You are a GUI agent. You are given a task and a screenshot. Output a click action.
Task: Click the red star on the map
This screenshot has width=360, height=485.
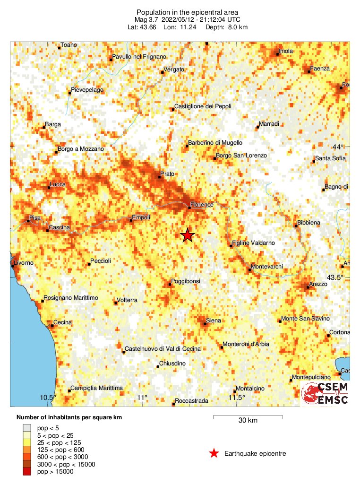point(188,235)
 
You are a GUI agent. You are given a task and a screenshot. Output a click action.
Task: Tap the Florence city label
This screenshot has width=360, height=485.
point(203,205)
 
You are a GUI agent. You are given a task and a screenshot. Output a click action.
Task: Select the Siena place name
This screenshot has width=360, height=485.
point(214,321)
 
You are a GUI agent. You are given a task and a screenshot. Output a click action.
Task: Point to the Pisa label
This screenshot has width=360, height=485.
point(35,218)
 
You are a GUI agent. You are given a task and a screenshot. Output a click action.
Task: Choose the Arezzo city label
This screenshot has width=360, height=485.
point(318,284)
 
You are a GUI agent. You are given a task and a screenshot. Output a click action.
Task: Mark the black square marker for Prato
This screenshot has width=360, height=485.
point(159,177)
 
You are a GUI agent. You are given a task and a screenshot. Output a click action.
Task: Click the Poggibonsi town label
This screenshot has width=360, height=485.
point(187,281)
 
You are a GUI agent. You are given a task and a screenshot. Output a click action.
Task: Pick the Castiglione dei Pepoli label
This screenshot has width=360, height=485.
point(203,106)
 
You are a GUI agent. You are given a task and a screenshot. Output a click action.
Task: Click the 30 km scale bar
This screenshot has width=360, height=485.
point(248,416)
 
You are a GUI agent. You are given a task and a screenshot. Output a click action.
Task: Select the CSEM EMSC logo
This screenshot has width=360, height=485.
point(326,394)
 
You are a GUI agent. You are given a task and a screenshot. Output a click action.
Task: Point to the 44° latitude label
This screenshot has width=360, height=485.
point(338,147)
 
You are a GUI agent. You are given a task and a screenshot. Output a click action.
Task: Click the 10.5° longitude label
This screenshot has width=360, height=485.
point(48,398)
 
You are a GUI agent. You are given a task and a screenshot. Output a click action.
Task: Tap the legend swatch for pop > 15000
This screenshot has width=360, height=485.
point(26,471)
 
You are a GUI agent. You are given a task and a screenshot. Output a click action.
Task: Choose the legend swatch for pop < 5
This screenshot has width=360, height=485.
point(26,427)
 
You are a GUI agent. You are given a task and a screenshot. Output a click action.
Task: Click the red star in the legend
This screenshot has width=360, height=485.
point(214,454)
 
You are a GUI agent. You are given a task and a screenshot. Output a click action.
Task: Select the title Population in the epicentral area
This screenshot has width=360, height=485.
point(187,12)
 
